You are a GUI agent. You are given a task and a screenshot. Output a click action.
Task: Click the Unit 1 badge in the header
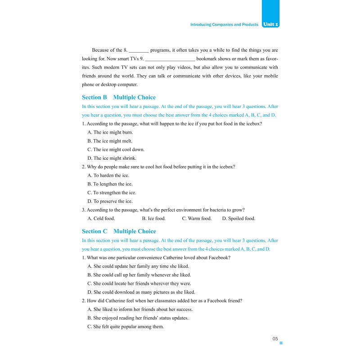(x=270, y=24)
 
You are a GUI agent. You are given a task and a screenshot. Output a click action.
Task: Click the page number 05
(x=275, y=339)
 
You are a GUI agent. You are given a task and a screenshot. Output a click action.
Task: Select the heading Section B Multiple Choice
(x=118, y=97)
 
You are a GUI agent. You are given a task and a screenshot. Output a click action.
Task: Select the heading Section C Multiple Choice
(x=119, y=231)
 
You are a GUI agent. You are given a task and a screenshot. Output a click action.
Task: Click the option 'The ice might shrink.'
(x=112, y=158)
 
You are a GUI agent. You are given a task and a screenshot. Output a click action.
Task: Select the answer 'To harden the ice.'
(x=110, y=175)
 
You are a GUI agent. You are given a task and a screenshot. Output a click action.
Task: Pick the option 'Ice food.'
(x=153, y=219)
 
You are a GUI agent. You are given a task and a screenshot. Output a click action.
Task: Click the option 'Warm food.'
(x=196, y=219)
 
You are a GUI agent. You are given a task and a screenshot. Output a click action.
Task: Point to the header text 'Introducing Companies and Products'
(x=224, y=25)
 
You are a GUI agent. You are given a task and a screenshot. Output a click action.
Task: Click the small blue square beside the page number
(x=281, y=343)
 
